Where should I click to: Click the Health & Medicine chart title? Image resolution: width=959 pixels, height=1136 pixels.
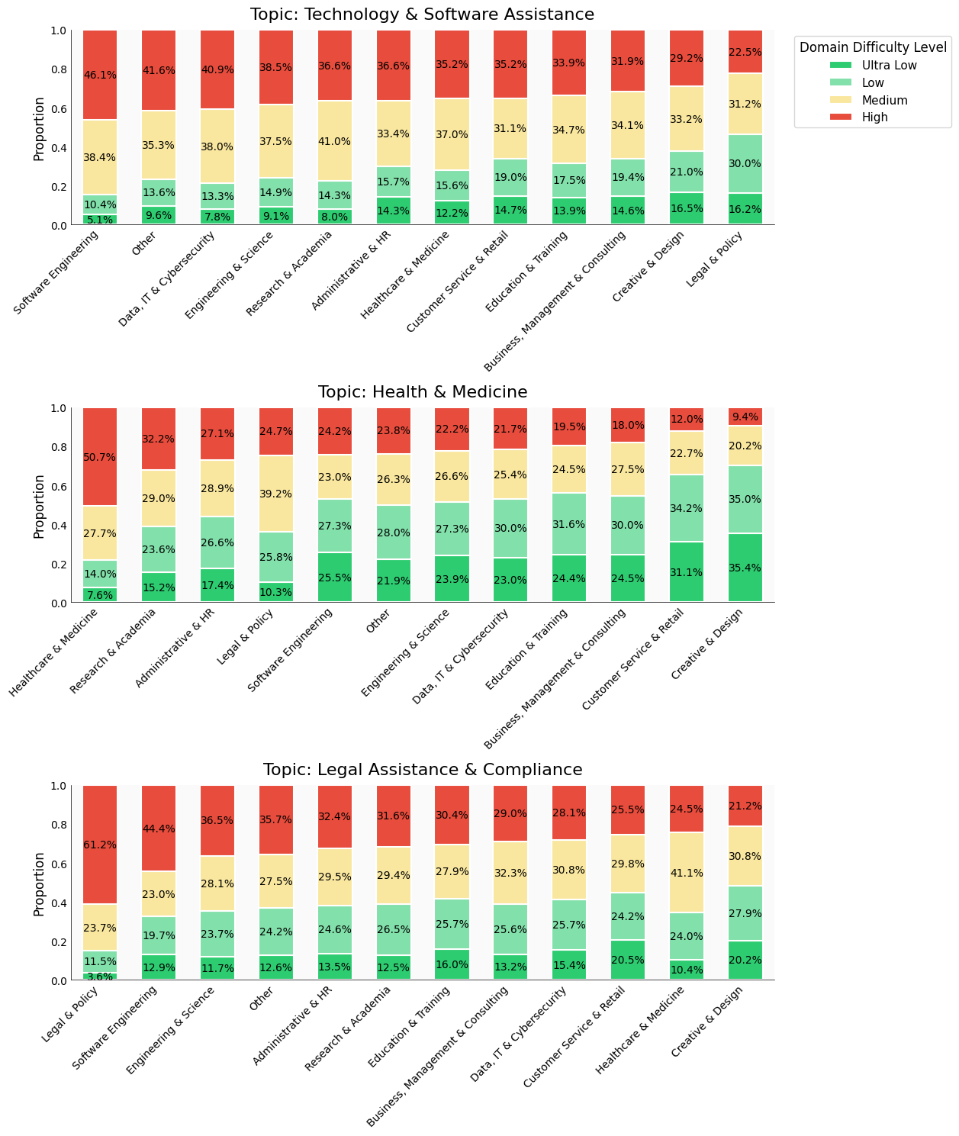(x=423, y=392)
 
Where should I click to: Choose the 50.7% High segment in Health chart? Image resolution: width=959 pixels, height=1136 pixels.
(x=99, y=457)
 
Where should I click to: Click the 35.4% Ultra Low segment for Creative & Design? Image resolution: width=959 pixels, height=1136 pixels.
(x=745, y=568)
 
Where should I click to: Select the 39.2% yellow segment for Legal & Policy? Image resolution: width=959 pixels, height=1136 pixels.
(x=276, y=494)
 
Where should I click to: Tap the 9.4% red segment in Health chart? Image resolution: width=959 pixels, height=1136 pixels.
(x=745, y=417)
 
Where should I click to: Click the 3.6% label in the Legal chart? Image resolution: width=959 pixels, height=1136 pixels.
(x=99, y=977)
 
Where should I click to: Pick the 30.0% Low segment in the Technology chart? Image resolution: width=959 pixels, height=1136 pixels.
(x=745, y=163)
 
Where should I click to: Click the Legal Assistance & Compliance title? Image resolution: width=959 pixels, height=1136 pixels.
(x=423, y=770)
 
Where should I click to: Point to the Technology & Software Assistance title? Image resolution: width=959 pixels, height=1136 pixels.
(x=423, y=14)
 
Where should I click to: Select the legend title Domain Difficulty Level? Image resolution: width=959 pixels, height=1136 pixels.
(x=873, y=47)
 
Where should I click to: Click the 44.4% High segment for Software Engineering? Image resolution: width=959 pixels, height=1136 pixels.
(x=159, y=829)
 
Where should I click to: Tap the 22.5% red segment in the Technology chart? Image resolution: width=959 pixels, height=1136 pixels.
(x=745, y=52)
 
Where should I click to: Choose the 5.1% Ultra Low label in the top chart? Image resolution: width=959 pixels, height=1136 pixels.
(x=99, y=220)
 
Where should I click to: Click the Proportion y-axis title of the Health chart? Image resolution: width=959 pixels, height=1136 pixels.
(x=39, y=506)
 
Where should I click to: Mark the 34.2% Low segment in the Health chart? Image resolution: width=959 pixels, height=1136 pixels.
(x=687, y=508)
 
